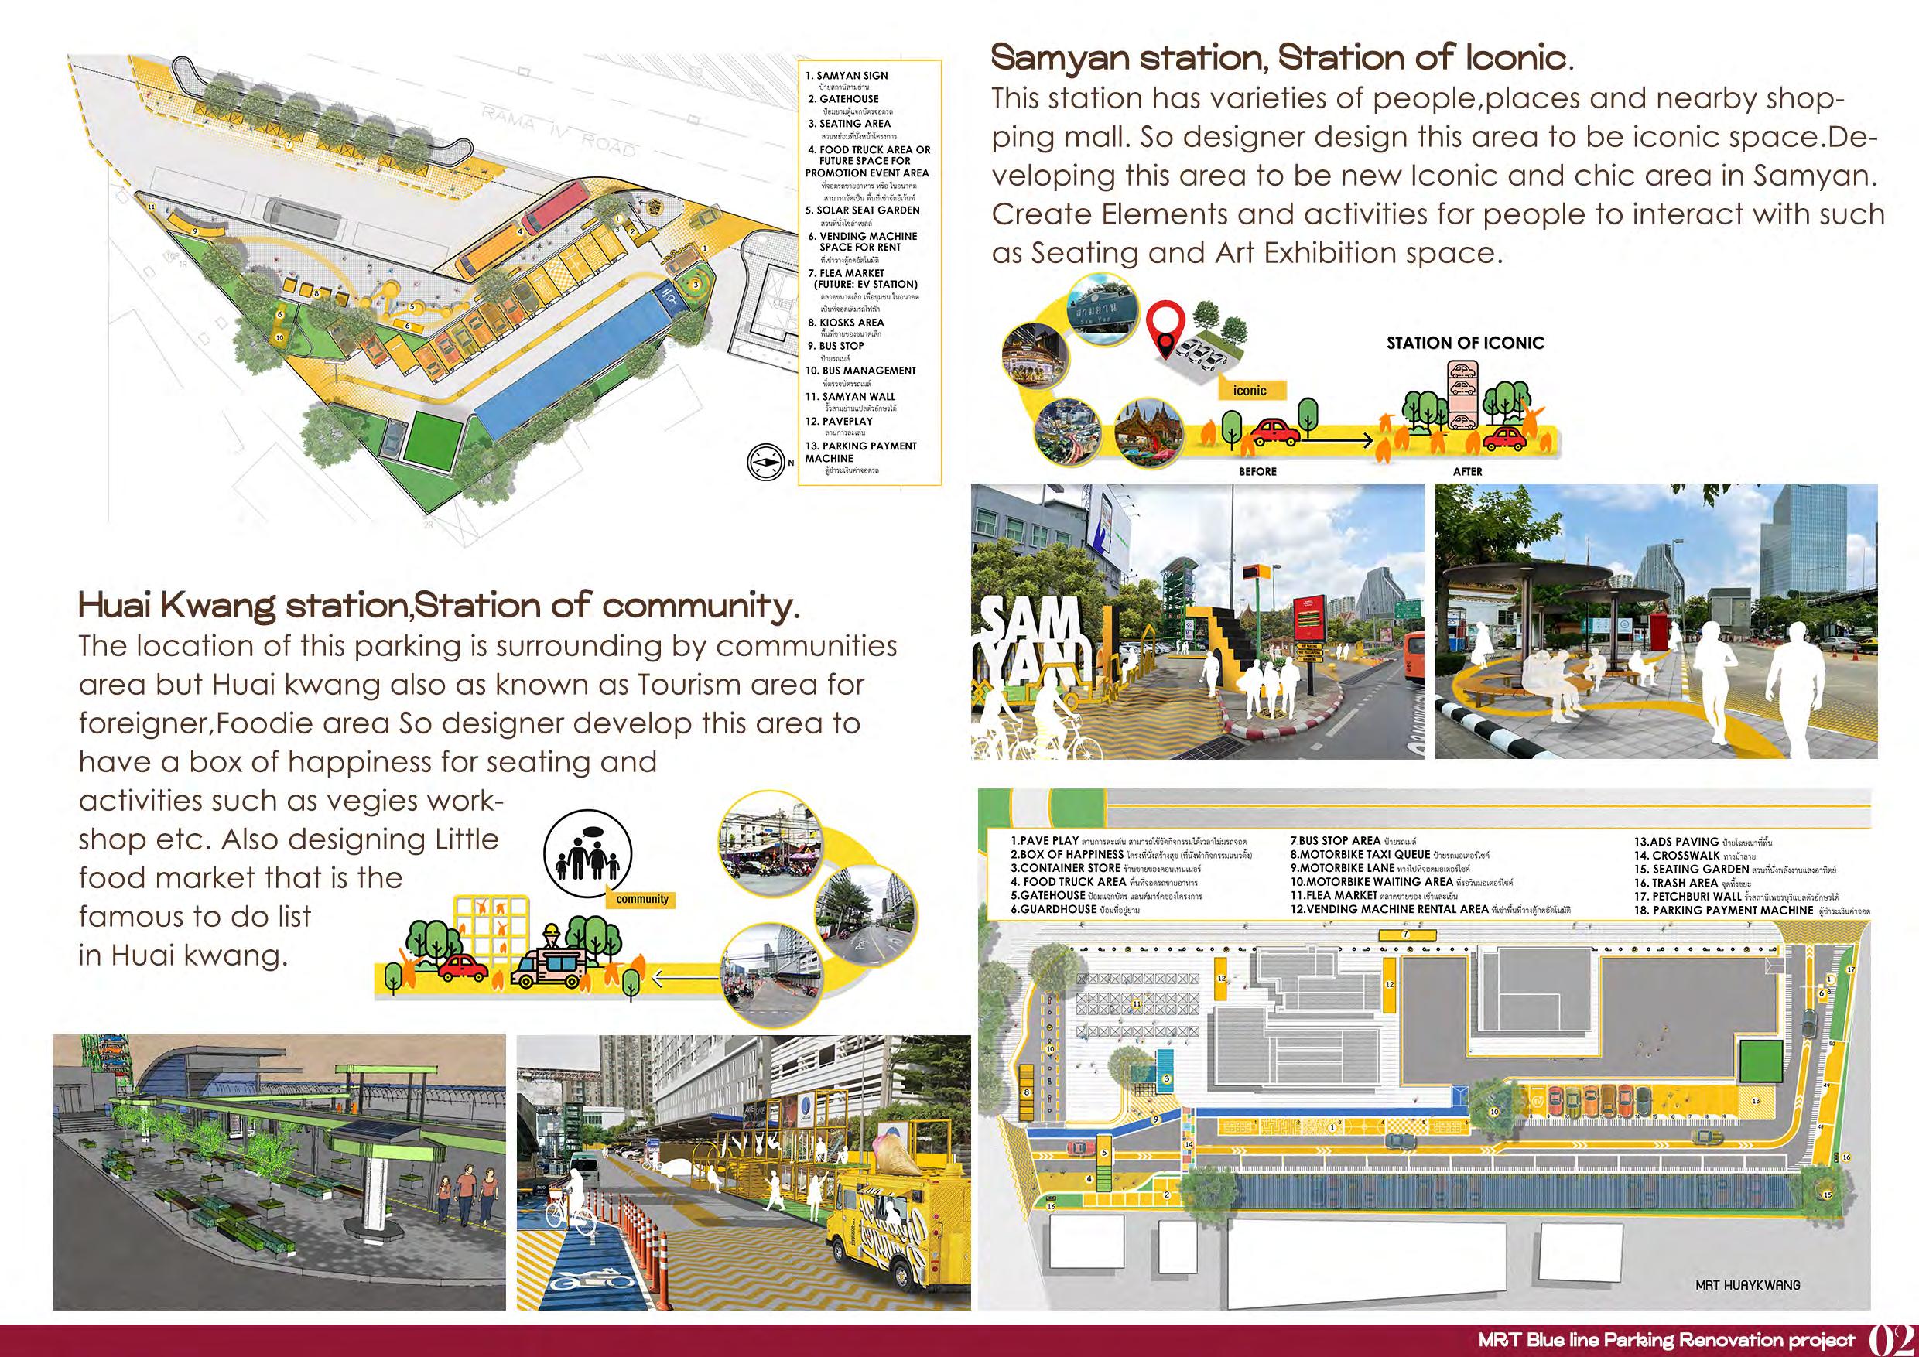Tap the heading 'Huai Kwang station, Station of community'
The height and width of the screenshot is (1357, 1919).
pyautogui.click(x=438, y=606)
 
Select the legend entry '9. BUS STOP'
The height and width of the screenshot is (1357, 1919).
pyautogui.click(x=836, y=346)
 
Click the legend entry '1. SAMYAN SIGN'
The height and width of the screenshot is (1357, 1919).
pyautogui.click(x=847, y=76)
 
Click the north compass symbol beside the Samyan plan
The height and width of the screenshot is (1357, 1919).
pyautogui.click(x=763, y=460)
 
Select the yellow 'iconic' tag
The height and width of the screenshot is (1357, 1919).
pyautogui.click(x=1250, y=390)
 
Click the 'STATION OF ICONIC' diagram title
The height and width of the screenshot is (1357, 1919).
pyautogui.click(x=1465, y=343)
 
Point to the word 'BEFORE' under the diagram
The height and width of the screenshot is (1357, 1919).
pyautogui.click(x=1257, y=471)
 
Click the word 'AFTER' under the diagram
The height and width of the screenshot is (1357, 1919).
pyautogui.click(x=1467, y=471)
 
